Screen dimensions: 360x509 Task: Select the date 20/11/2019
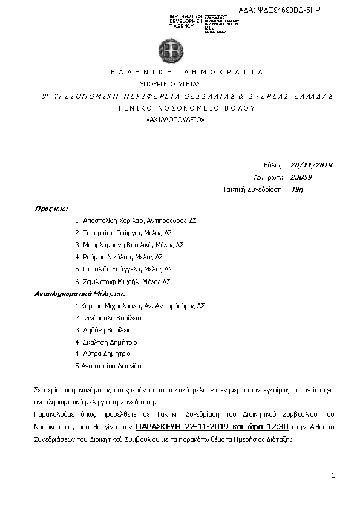click(312, 165)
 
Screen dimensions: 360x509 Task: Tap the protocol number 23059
click(301, 177)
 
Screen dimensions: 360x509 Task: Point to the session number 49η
click(296, 189)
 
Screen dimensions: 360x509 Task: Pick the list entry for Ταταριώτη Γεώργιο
click(124, 233)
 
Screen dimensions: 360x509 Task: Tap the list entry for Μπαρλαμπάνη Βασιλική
click(129, 245)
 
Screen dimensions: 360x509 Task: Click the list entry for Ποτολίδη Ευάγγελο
click(124, 270)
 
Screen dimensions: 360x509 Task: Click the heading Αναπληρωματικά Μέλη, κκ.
click(74, 294)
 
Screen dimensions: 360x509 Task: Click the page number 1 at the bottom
click(333, 476)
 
